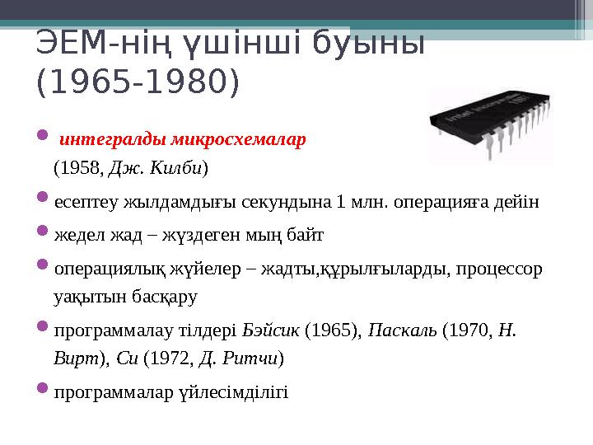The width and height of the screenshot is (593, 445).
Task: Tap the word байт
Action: [307, 236]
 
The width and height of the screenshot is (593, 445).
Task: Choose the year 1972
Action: [171, 358]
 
